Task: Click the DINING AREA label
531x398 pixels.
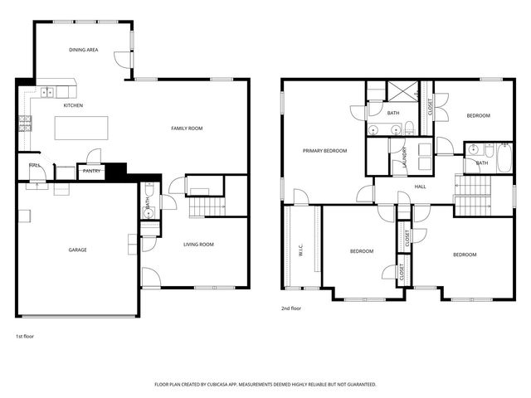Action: [83, 50]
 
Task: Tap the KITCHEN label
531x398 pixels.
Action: [73, 105]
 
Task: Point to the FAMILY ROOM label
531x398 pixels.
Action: [187, 128]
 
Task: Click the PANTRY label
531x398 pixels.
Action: [90, 172]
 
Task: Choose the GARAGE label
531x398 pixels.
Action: [78, 250]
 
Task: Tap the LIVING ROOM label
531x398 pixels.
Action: [199, 244]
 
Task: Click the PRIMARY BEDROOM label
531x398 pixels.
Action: [324, 151]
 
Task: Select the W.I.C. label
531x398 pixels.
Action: [302, 250]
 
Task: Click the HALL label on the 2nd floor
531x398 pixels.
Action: [421, 187]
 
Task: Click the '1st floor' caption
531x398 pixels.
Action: [25, 336]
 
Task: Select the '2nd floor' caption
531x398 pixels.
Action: [290, 308]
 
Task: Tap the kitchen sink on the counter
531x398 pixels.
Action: [47, 92]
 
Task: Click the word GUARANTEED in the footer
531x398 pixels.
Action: [359, 385]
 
